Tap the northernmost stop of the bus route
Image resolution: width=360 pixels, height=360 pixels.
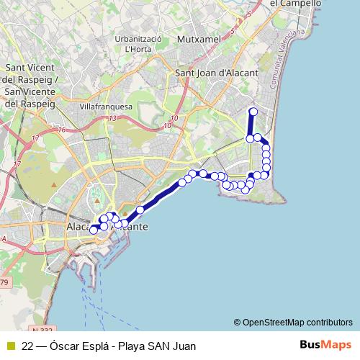(253, 111)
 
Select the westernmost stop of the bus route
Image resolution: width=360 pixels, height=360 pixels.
(93, 230)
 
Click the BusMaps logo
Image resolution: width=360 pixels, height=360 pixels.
(325, 345)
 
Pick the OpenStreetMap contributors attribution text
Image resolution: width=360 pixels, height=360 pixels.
(297, 322)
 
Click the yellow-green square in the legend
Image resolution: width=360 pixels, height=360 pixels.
(9, 346)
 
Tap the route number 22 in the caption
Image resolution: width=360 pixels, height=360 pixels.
(28, 346)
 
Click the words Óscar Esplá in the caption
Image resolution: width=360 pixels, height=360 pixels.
(78, 346)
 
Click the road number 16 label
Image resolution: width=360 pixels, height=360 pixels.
(63, 130)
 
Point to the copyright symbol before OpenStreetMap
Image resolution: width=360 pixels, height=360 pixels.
(238, 322)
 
